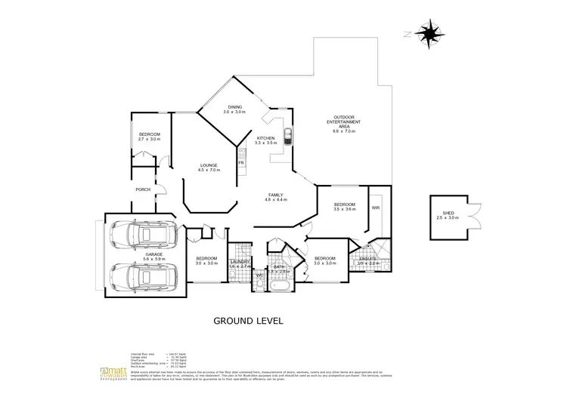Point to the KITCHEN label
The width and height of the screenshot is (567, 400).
point(265,138)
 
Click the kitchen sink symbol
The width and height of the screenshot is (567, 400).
point(287,137)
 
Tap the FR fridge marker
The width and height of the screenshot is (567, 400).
point(241,163)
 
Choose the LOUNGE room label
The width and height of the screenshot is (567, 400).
point(209,165)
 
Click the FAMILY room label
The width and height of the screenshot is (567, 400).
point(275,195)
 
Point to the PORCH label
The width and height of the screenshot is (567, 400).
point(144,189)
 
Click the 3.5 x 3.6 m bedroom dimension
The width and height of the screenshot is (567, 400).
point(344,210)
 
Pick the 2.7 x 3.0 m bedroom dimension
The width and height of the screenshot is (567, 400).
point(150,140)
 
